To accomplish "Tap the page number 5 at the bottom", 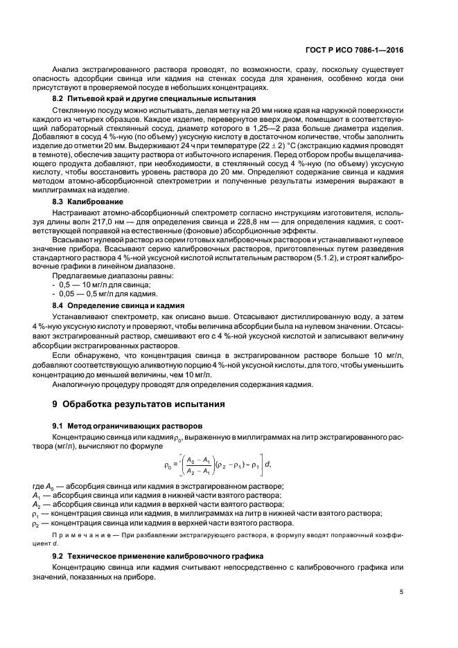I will coord(402,591).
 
